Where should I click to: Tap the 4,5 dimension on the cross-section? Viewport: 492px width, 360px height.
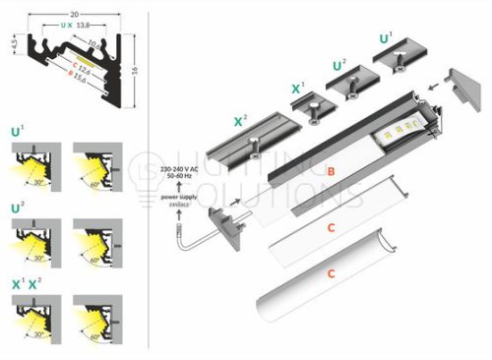click(x=11, y=46)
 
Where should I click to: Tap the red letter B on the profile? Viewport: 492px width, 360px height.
click(x=332, y=170)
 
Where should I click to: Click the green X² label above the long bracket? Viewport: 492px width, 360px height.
click(x=240, y=121)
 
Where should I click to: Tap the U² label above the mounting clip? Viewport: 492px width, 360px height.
click(x=339, y=66)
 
